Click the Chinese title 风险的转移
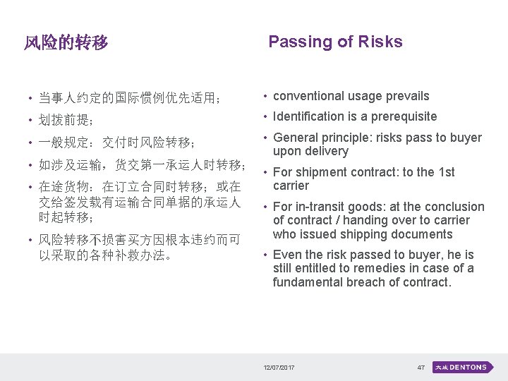pos(66,43)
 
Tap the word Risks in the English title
pos(380,42)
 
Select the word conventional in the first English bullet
pos(308,96)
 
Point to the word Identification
pos(306,116)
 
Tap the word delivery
pos(325,151)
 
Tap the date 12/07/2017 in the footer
pos(279,368)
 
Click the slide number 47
pos(421,368)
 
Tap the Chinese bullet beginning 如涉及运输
pos(142,166)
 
